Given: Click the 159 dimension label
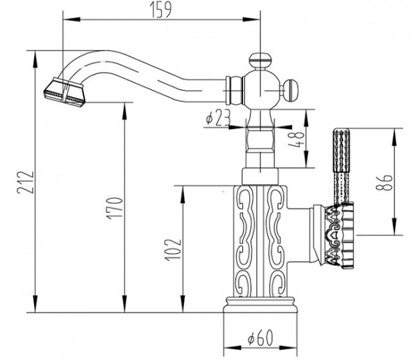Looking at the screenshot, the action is pos(161,10).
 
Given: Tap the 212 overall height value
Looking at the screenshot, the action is pos(25,182).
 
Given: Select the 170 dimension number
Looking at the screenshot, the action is pos(115,209).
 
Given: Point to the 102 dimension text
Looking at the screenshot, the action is pos(172,250).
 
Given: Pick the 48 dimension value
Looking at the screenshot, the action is pos(298,140).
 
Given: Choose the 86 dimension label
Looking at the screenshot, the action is pos(384,182).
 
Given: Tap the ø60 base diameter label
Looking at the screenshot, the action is pos(260,338).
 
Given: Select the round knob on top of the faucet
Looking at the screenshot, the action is pos(260,61).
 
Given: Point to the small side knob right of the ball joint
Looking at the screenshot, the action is pos(291,90).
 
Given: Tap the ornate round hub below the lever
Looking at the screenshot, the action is pos(339,236).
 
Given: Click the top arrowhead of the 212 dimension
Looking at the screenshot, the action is pos(35,59).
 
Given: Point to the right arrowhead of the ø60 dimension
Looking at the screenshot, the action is pos(288,347).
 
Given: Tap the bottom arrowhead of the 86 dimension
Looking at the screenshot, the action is pos(394,226).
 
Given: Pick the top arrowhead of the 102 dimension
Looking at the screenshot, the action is pos(183,194).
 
